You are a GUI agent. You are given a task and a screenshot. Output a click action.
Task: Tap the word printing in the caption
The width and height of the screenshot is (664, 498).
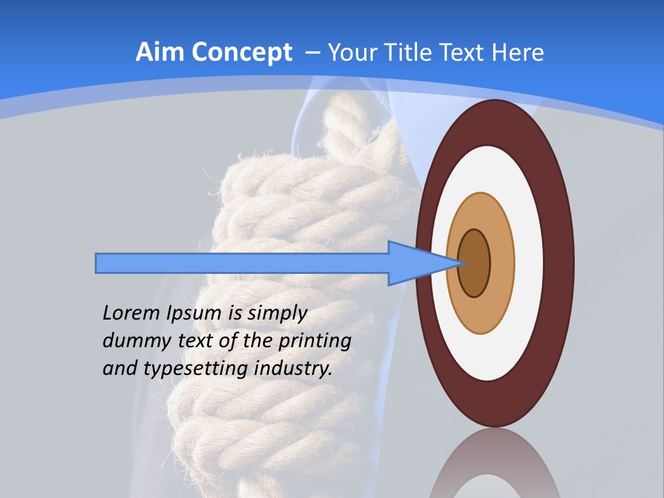coord(314,340)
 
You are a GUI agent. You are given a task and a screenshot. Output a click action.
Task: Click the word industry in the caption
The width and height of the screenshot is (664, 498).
coord(293,368)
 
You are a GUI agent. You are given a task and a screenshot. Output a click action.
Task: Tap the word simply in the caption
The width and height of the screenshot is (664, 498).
coord(277,313)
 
